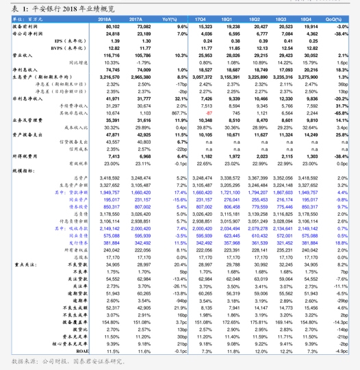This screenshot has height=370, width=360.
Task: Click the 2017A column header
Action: tap(136, 19)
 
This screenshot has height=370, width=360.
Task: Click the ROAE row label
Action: tap(81, 351)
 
